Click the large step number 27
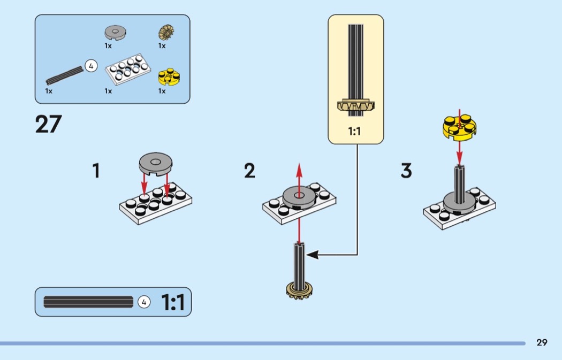(49, 124)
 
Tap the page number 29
(542, 342)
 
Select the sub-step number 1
(96, 171)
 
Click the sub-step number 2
(249, 171)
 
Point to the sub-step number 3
(406, 171)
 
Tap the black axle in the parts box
(63, 76)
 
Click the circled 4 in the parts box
(91, 66)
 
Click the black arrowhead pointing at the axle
(313, 255)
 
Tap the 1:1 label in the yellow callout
(355, 130)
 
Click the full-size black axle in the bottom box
(88, 302)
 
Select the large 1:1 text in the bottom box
(173, 302)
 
